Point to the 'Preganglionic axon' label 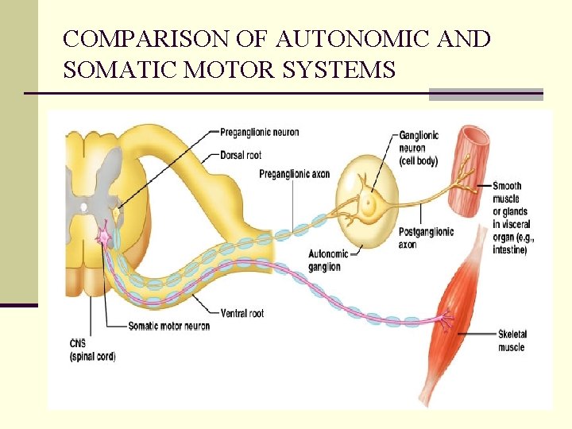294,173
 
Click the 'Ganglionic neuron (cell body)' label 418,149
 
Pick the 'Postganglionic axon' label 424,238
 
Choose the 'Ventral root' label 244,313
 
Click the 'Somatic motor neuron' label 169,327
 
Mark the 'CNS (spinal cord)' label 92,350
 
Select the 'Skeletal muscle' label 512,341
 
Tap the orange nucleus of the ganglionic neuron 368,203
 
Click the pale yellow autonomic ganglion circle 367,202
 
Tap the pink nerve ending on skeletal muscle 446,320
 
